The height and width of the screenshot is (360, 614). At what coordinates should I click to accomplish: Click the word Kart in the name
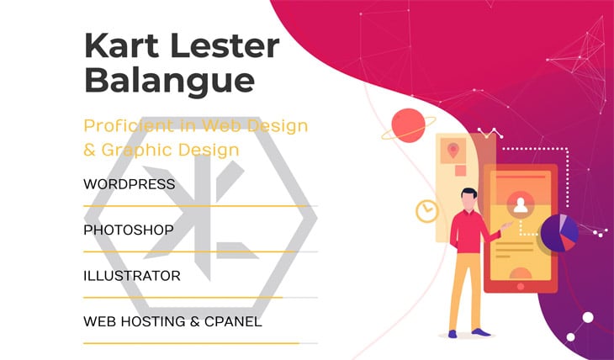click(x=121, y=45)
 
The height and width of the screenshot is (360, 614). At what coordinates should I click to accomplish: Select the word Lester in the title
click(x=225, y=45)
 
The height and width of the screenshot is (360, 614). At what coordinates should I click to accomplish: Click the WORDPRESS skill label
click(x=130, y=184)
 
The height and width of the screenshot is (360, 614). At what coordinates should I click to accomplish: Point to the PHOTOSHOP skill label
click(x=129, y=230)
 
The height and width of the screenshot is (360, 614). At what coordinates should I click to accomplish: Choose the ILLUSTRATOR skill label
click(x=132, y=276)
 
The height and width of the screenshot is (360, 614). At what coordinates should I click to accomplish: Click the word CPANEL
click(x=233, y=321)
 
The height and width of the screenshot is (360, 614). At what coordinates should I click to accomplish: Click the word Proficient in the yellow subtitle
click(x=129, y=126)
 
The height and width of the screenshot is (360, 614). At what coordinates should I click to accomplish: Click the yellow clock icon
click(x=426, y=211)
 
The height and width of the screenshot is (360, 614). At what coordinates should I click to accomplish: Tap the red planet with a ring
click(x=409, y=125)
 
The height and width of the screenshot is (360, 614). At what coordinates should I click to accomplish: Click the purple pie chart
click(x=559, y=233)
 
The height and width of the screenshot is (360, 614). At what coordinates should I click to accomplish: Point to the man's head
click(x=468, y=199)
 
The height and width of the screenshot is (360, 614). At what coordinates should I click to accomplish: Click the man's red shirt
click(x=470, y=232)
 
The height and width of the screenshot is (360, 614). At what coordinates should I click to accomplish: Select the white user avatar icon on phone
click(x=521, y=205)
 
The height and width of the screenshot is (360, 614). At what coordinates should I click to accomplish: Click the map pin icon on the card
click(x=453, y=150)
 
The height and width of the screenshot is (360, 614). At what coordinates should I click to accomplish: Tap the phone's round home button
click(x=521, y=286)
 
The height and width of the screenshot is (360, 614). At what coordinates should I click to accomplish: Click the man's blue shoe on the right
click(x=481, y=332)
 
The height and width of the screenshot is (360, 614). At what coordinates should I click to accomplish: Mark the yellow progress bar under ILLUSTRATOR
click(x=183, y=298)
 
